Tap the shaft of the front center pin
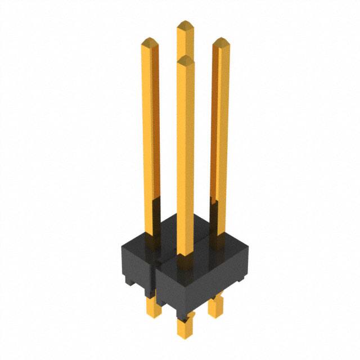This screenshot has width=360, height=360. pyautogui.click(x=185, y=157)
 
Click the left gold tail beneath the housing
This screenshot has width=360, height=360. pyautogui.click(x=151, y=308)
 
